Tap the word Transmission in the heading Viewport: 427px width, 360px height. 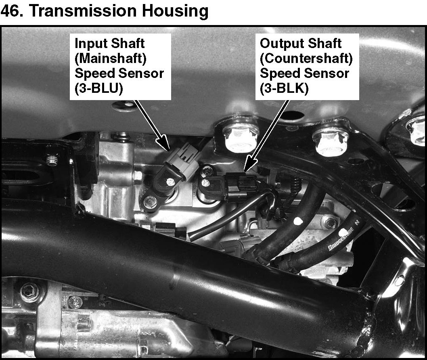(x=82, y=10)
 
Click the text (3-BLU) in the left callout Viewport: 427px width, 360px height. (x=98, y=88)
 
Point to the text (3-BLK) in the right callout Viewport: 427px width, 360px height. (x=284, y=88)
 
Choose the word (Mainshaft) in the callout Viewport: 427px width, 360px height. (x=110, y=59)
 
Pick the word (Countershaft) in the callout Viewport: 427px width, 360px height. (x=306, y=59)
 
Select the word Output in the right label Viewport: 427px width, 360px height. (x=278, y=44)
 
